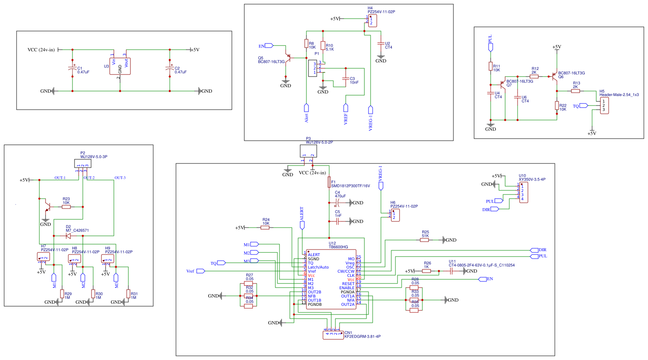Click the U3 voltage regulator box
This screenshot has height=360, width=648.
click(120, 66)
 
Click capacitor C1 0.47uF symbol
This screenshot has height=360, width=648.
click(72, 69)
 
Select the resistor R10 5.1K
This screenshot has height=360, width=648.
click(323, 46)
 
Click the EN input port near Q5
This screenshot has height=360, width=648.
click(269, 46)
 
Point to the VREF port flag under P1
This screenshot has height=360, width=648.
click(346, 108)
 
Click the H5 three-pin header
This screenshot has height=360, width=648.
click(604, 106)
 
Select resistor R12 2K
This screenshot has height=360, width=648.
click(534, 77)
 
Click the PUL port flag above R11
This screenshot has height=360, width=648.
click(491, 47)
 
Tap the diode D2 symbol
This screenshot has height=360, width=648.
click(68, 236)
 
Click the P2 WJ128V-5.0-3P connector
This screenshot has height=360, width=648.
click(83, 163)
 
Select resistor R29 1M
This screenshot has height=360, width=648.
click(62, 294)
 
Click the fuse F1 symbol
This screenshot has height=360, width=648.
click(329, 182)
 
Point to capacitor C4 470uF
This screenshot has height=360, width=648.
click(337, 203)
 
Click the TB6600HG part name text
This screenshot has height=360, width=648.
click(338, 247)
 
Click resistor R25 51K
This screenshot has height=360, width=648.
click(425, 240)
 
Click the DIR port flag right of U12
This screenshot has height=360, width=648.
click(534, 250)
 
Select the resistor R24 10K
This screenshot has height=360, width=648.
click(265, 228)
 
